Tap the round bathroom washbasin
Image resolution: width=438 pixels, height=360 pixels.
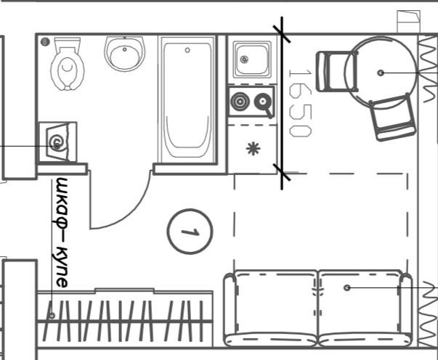tap(125, 53)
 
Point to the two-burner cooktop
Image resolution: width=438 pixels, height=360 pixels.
tap(251, 103)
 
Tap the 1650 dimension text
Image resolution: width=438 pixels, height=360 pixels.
tap(299, 102)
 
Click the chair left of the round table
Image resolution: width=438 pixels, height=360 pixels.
tap(333, 71)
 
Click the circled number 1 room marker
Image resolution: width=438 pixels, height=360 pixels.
tap(190, 232)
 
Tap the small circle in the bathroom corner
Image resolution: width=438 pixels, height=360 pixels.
tap(45, 42)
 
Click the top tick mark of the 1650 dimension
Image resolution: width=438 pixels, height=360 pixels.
tap(281, 33)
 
